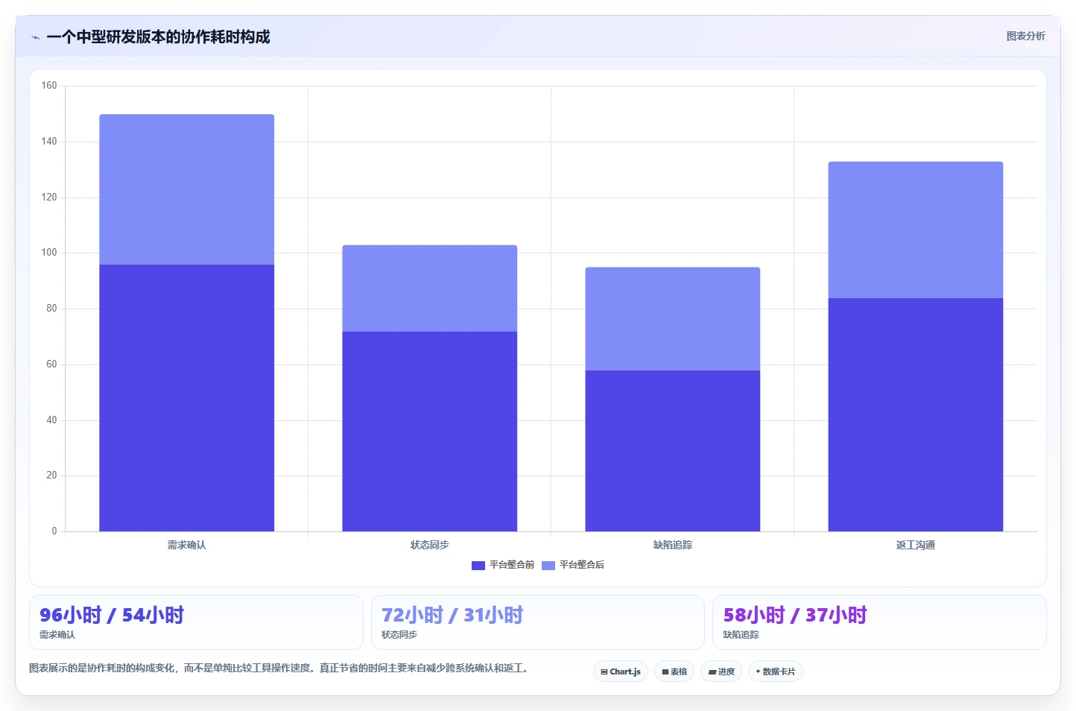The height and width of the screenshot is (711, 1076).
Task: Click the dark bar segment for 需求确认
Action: click(x=186, y=398)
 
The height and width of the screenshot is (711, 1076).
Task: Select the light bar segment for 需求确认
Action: click(x=186, y=189)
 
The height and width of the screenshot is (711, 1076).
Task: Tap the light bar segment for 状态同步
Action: click(x=429, y=288)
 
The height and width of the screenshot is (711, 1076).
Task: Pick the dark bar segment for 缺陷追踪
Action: click(x=672, y=451)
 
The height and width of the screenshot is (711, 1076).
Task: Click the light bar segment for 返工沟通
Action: click(x=916, y=230)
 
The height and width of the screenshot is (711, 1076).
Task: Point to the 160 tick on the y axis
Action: click(x=49, y=86)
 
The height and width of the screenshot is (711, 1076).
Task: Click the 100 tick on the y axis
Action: click(x=49, y=253)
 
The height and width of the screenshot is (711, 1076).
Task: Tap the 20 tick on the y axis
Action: click(x=51, y=475)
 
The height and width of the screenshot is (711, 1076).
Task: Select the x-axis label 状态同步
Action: click(x=429, y=545)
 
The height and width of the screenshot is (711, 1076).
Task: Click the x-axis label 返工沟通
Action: click(x=916, y=545)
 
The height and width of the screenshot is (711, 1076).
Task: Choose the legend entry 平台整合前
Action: click(x=503, y=565)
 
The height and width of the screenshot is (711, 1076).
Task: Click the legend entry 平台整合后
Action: click(x=573, y=565)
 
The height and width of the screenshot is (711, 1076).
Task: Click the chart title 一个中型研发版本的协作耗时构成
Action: click(x=158, y=37)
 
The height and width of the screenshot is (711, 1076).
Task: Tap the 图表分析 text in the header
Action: click(x=1025, y=36)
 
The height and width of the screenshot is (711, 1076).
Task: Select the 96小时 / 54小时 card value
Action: click(x=112, y=615)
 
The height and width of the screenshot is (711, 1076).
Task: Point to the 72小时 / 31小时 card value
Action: click(x=452, y=615)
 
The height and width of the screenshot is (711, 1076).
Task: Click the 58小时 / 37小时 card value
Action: click(x=795, y=615)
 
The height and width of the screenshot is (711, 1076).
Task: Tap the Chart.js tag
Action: click(x=621, y=671)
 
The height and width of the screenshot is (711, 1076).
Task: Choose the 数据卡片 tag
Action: click(x=775, y=671)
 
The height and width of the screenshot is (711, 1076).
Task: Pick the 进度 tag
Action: click(x=721, y=671)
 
